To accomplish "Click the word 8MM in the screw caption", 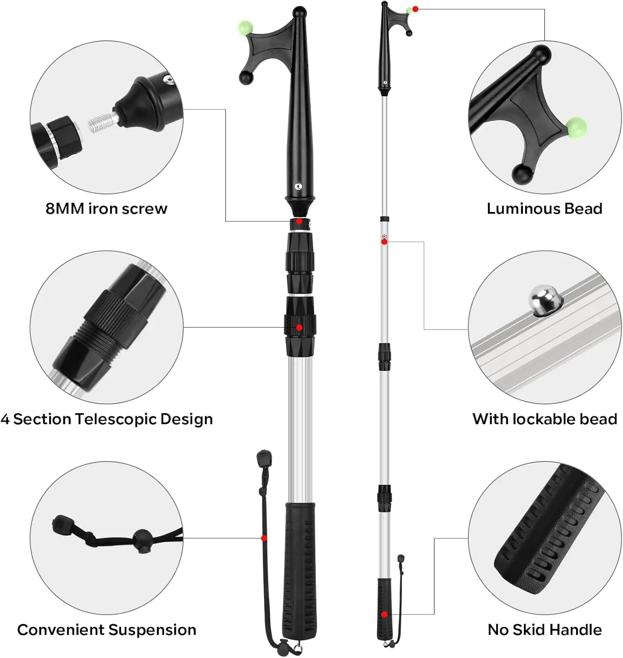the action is tap(64, 208).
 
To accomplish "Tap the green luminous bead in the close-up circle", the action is tap(576, 128).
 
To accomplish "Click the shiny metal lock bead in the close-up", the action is tap(543, 300).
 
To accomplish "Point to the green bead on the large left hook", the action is tap(246, 27).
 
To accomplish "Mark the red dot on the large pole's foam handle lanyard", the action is tap(264, 538).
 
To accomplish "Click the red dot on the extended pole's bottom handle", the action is tap(384, 615).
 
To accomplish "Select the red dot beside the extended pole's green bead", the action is tap(415, 9).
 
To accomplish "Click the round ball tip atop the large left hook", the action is tap(300, 13).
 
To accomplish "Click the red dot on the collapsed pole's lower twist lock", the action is tap(299, 327).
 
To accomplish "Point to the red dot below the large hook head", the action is tap(299, 221).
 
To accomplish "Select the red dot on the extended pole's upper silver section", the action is tap(384, 242).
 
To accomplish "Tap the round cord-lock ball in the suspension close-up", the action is tap(142, 537).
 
